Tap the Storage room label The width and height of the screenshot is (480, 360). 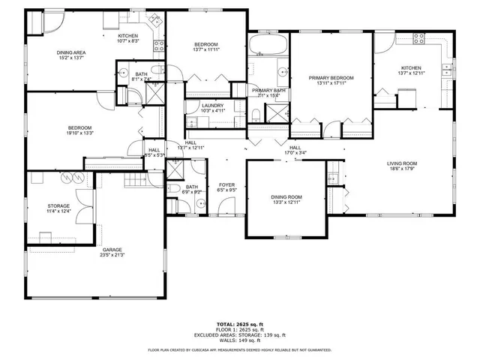click(58, 205)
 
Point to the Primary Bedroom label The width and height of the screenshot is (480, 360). click(331, 77)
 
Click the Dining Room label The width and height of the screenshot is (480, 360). click(286, 196)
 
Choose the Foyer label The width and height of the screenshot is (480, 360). click(226, 184)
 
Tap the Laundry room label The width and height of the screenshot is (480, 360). click(212, 106)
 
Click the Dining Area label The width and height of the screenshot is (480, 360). click(75, 52)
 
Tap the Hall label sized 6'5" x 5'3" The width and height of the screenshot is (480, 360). click(154, 150)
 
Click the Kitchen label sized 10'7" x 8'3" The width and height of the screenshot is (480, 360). click(128, 37)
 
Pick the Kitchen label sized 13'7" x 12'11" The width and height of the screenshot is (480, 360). click(411, 67)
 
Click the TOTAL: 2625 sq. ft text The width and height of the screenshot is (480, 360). click(240, 324)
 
